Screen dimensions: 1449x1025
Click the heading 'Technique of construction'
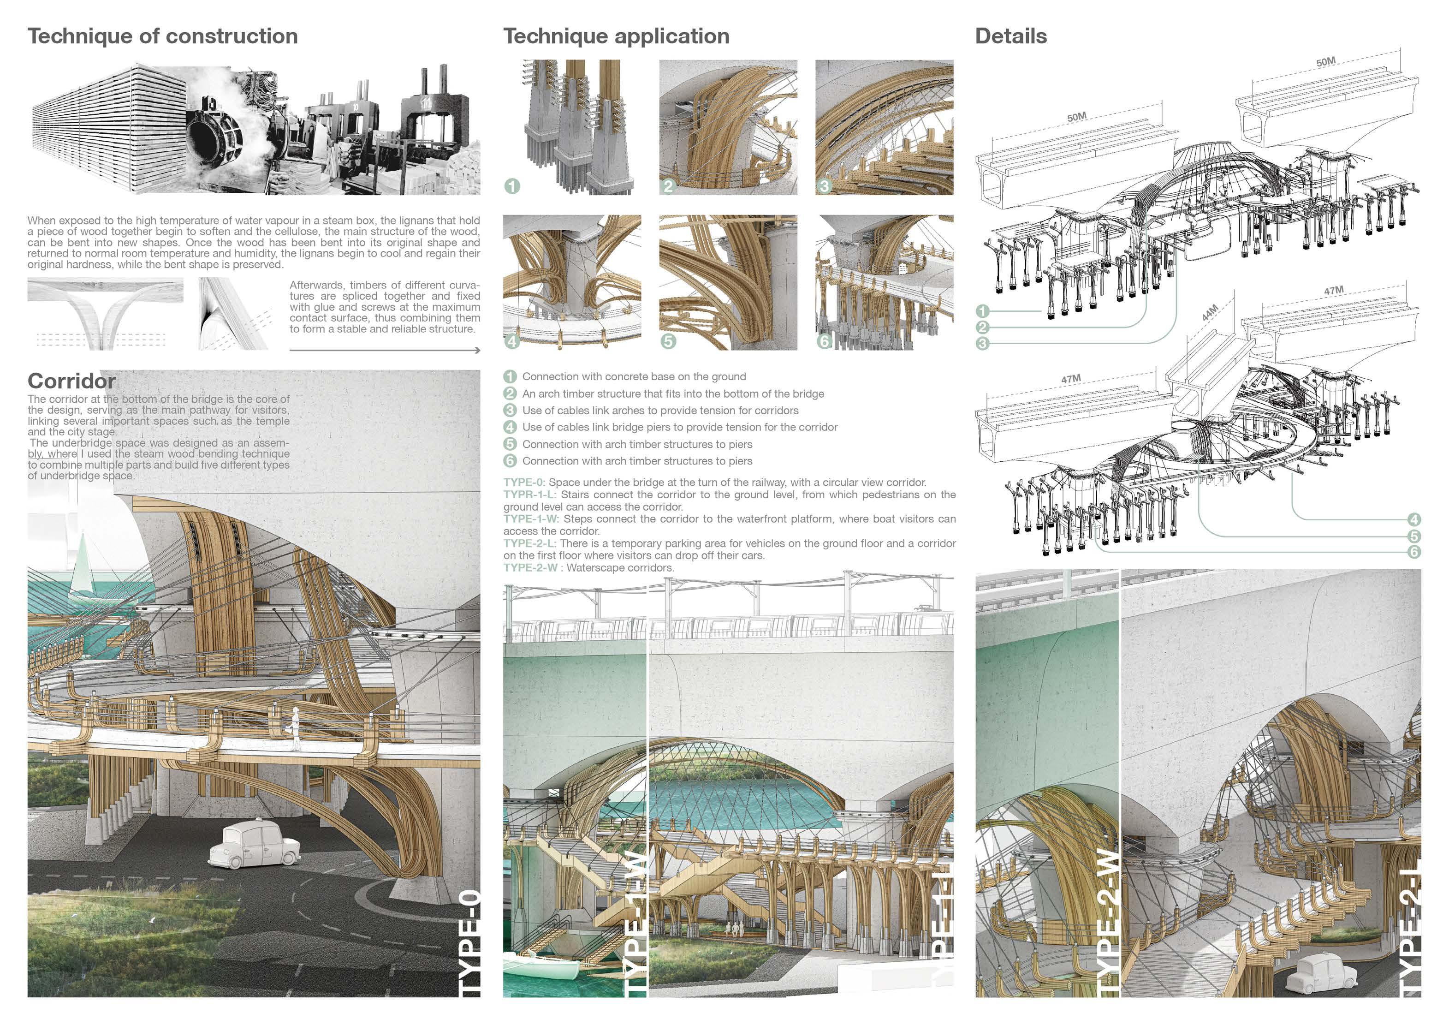pos(162,36)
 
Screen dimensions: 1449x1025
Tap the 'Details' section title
pos(1010,36)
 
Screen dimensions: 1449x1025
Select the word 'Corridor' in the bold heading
pos(71,381)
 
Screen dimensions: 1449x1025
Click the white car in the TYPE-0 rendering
pos(254,845)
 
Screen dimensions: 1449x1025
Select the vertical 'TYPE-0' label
pos(471,943)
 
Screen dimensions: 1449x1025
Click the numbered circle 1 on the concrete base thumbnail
pos(512,186)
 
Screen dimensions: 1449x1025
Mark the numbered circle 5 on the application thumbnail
pos(668,341)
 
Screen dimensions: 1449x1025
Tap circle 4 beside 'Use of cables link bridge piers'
pos(510,427)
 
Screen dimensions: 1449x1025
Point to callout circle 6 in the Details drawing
pos(1413,552)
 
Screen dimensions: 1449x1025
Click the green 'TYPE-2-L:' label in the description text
pos(529,543)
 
